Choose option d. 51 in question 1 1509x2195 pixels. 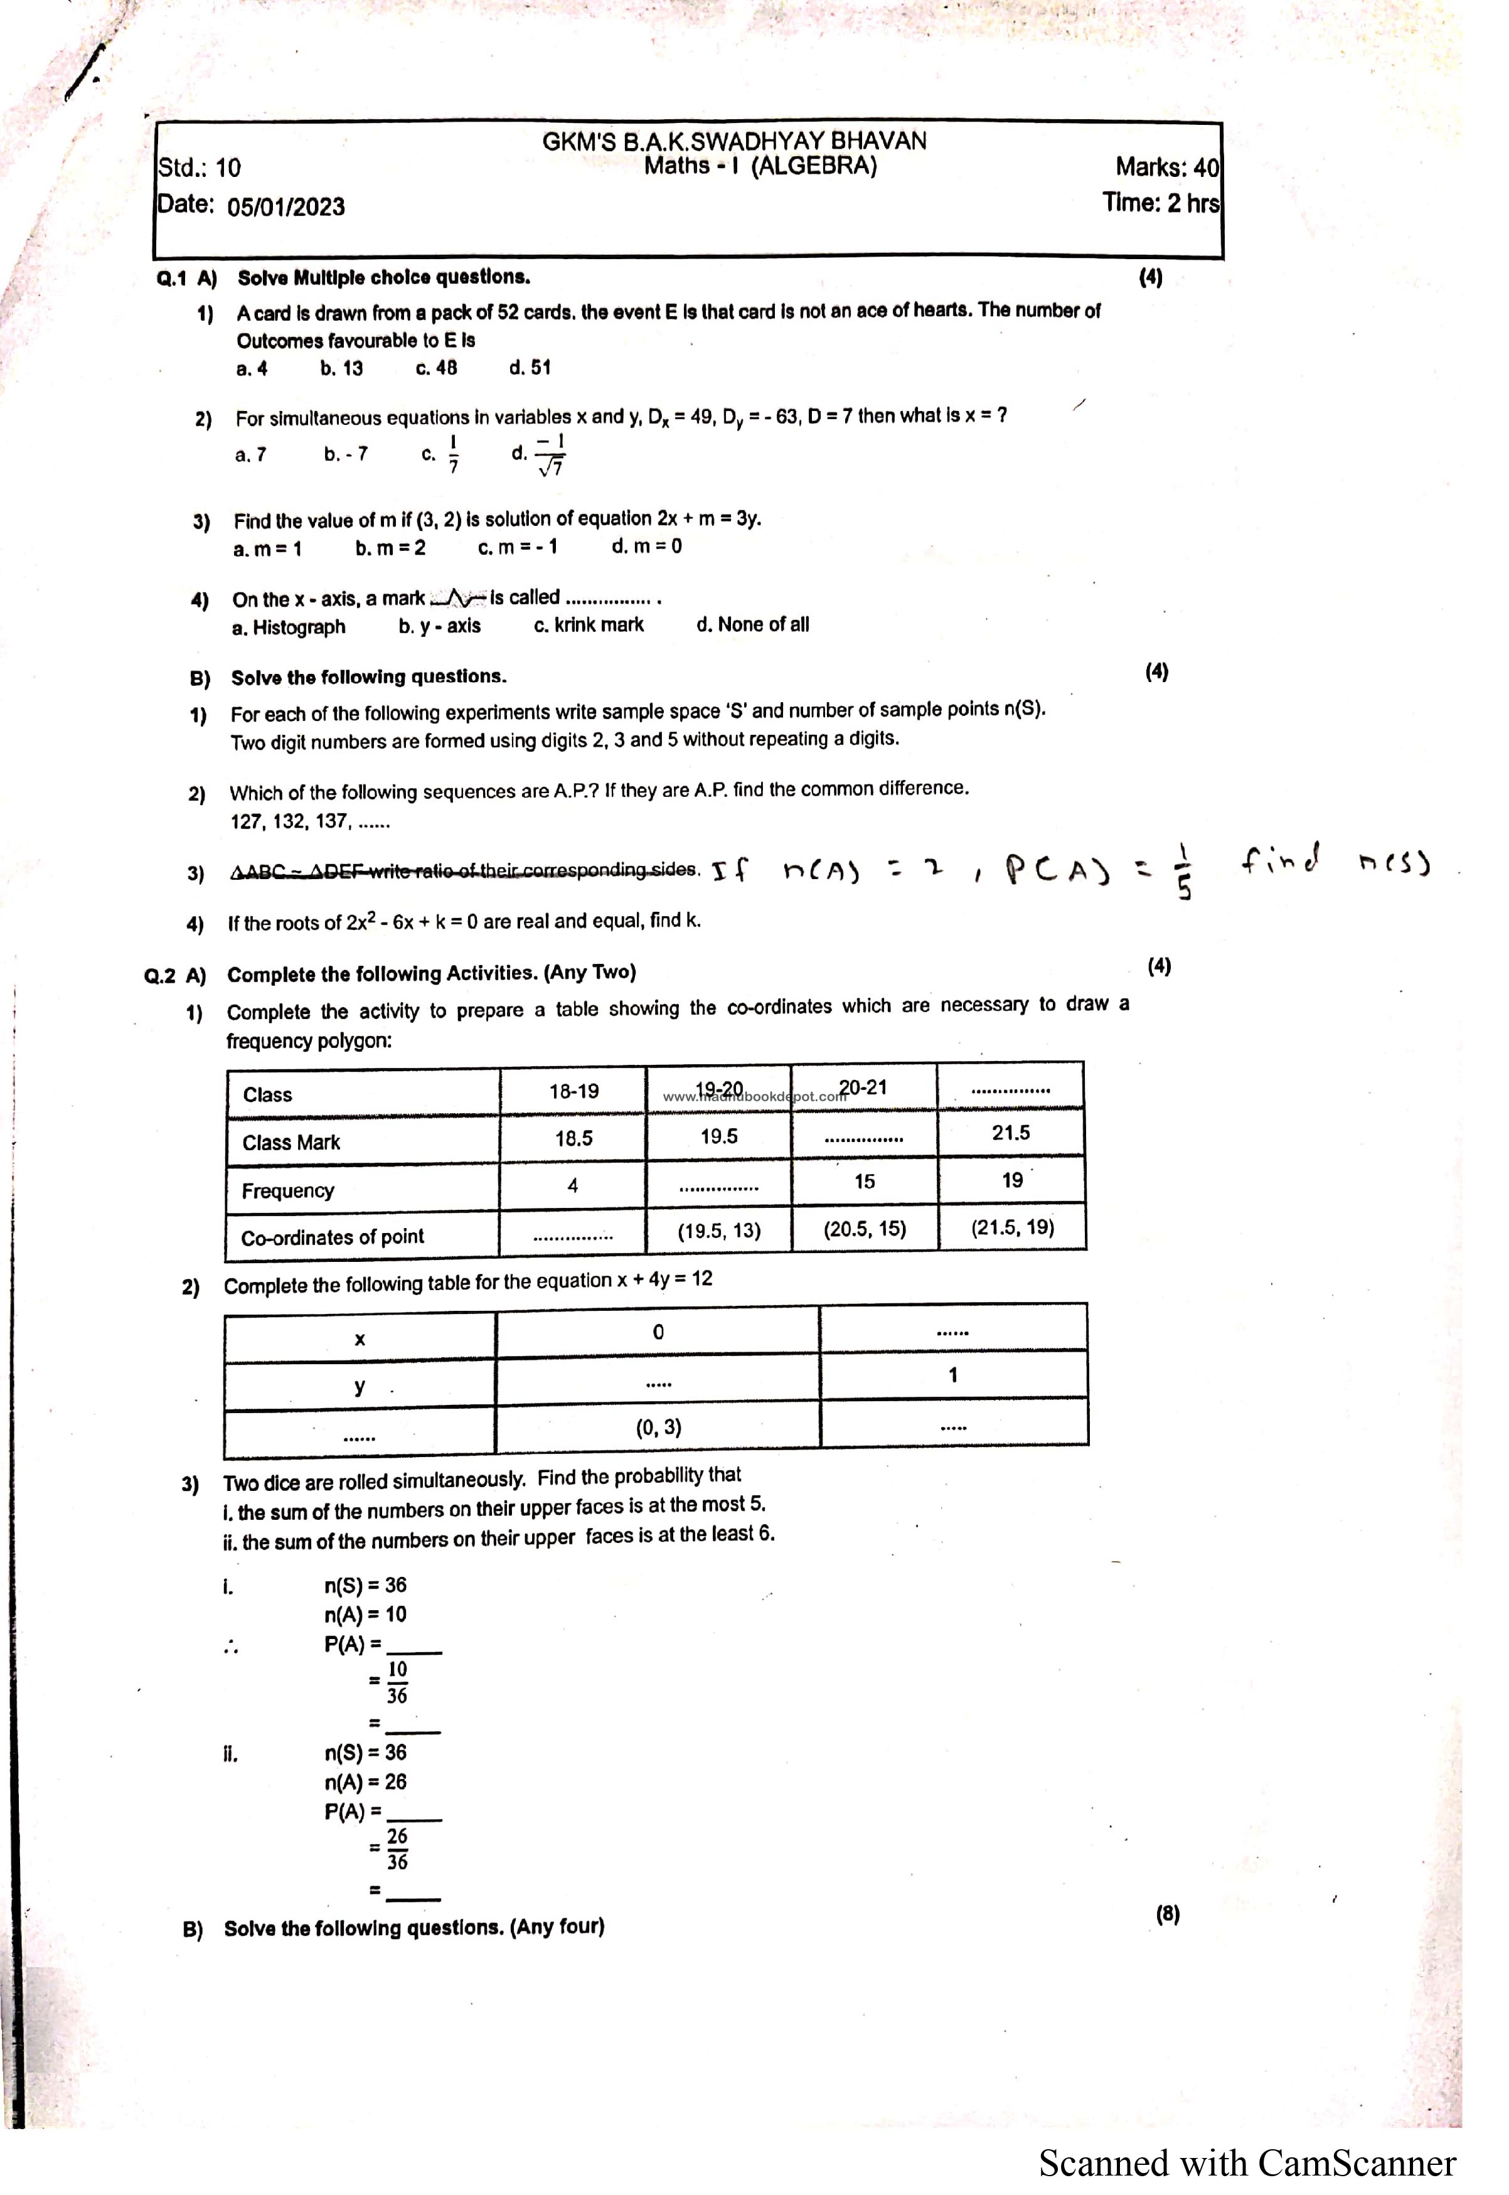530,368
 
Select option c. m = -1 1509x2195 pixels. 518,547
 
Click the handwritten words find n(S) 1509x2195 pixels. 1335,861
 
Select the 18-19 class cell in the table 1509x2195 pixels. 574,1091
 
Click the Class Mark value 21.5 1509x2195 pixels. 1011,1133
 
